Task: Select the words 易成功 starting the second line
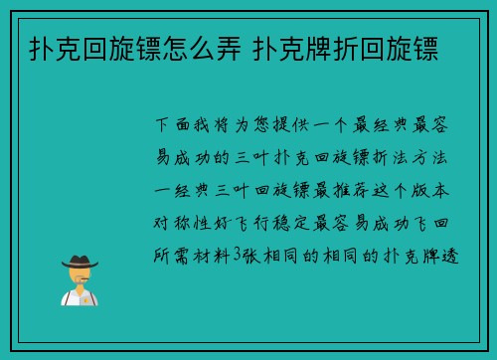click(x=186, y=156)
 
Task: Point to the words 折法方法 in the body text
click(x=419, y=156)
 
